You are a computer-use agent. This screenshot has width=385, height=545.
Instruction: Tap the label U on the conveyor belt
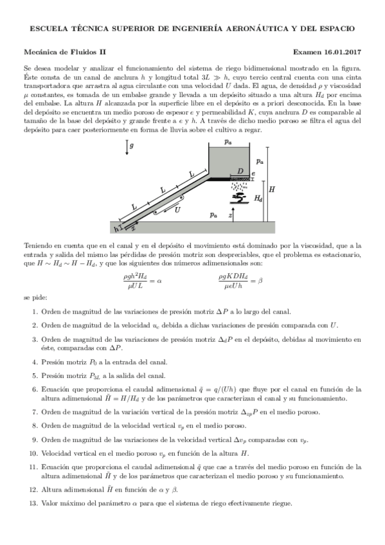click(x=177, y=210)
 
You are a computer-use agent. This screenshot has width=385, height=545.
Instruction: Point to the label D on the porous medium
click(x=240, y=171)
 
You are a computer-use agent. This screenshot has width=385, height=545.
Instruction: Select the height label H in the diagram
click(x=272, y=190)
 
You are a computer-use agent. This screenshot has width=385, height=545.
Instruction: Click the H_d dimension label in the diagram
click(x=258, y=199)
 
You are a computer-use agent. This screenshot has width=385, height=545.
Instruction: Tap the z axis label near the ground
click(x=231, y=217)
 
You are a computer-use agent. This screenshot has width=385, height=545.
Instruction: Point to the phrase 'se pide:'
click(x=35, y=298)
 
